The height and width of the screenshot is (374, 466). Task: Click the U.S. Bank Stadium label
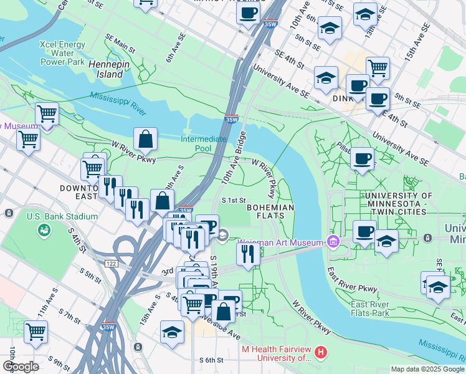click(62, 216)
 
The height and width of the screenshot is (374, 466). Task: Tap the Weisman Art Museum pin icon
click(333, 242)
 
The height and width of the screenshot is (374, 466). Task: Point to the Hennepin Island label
click(106, 69)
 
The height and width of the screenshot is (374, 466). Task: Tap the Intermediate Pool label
click(204, 144)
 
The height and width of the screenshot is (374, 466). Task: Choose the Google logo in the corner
click(21, 367)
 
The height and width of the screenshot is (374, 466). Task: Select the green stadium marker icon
click(44, 232)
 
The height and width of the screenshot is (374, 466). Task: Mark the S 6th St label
click(211, 360)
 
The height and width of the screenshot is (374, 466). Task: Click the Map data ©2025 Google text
click(427, 369)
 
